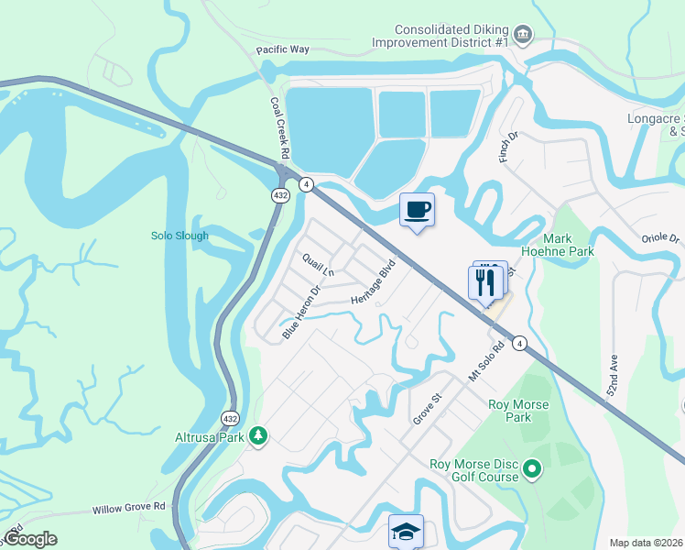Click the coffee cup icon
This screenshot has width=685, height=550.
tap(417, 210)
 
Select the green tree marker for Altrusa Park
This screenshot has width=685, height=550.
tap(259, 435)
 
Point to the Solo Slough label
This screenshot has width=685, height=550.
tap(179, 236)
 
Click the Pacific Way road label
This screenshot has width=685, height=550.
tap(283, 49)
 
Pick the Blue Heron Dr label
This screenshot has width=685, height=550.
tap(302, 313)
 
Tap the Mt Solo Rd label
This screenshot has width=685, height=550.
tap(486, 362)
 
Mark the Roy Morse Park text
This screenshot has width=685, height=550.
tap(518, 412)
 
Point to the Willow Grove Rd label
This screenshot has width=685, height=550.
tap(128, 507)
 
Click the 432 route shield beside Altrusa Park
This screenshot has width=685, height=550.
tap(230, 418)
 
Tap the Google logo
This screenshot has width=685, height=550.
tap(30, 539)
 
